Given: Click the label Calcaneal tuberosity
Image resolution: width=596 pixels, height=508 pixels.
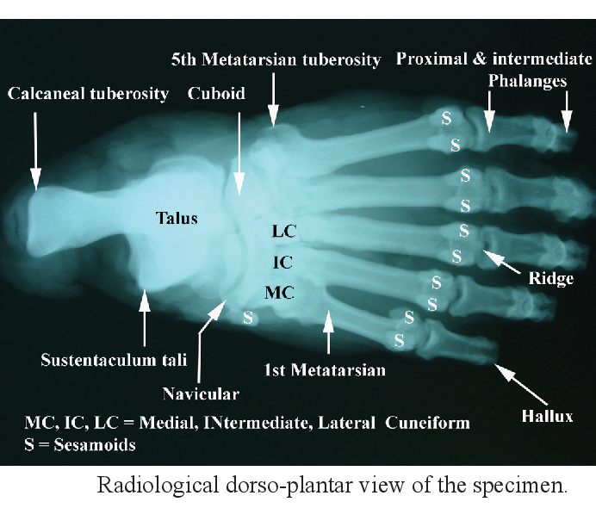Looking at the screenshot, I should pos(89,94).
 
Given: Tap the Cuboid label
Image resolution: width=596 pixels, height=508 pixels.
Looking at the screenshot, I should pos(216,94).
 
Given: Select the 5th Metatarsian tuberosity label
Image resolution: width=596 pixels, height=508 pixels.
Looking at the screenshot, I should pos(276,60).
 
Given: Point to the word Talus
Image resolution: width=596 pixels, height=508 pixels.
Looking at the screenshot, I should pos(177,218).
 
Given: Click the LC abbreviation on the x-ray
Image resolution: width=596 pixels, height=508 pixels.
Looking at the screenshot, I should pos(283,231).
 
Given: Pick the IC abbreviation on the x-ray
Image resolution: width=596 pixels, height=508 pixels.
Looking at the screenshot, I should pos(282,262).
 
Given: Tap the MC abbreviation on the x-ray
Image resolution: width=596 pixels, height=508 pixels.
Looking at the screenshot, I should pos(280,293).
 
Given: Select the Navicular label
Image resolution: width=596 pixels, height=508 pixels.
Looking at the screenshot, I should pos(201,393).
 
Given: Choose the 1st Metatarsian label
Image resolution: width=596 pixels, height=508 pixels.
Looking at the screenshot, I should pos(325,370).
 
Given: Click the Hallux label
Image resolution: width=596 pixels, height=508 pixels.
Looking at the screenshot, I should pos(547,416).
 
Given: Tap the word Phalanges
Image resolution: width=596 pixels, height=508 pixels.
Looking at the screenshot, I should pos(526,81).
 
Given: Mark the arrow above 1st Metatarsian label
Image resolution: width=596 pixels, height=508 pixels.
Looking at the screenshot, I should pos(327,331).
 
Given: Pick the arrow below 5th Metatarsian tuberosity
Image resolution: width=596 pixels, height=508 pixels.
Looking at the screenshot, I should pos(274,99).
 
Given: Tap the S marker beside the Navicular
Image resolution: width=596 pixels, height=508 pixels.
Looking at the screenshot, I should pos(248,318).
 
